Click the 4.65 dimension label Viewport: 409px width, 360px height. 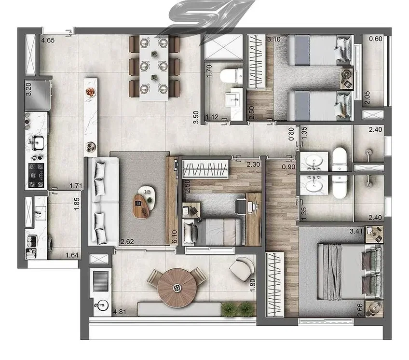[48, 40]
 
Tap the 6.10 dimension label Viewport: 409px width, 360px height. [175, 236]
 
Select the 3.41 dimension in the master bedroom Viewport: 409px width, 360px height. [356, 231]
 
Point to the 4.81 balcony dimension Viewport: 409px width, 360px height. [120, 312]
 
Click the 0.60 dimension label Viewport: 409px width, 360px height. [376, 39]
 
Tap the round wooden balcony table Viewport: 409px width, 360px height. [177, 288]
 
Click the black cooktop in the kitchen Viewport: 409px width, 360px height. [36, 176]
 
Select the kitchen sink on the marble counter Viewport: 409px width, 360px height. [38, 143]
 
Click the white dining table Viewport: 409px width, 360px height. [154, 68]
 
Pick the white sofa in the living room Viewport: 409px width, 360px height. [103, 201]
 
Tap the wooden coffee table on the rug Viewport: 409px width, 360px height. [141, 206]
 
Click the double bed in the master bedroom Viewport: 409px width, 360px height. [350, 272]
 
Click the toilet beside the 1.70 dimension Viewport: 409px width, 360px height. [232, 76]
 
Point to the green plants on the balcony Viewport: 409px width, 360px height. [237, 309]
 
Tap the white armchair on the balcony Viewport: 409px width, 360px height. [242, 269]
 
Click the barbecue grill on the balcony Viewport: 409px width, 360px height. [101, 281]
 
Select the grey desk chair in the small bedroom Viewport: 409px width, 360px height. [241, 206]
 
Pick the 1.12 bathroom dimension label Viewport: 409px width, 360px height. [212, 117]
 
